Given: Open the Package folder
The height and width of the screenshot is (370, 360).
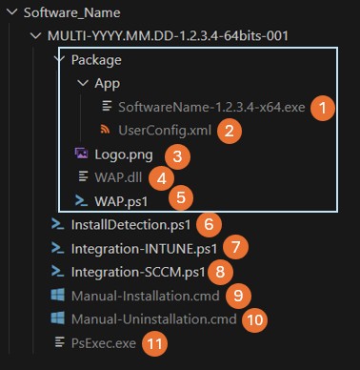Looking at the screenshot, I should point(98,60).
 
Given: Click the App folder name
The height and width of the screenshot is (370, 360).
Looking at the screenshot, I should point(107,83).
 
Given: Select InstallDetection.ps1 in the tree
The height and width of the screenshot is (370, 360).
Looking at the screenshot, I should point(130,224).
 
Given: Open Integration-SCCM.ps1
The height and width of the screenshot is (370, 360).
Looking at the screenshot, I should point(137,272).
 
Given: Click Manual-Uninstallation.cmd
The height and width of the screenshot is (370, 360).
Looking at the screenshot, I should point(153,319).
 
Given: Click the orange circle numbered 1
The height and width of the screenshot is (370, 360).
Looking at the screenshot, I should point(324,107).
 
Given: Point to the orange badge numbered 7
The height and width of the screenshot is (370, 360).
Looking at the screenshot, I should point(239,248).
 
